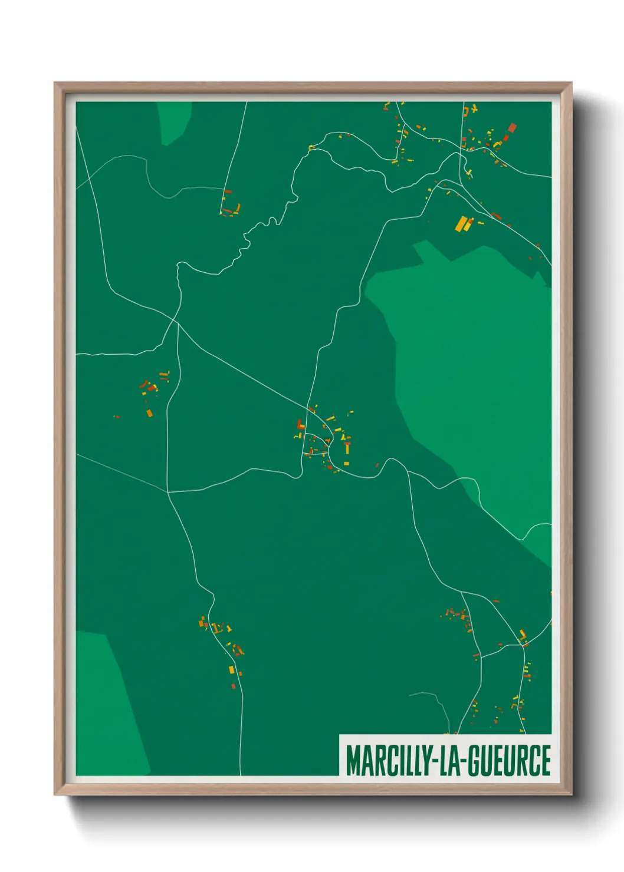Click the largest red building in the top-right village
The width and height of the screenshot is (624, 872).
[512, 128]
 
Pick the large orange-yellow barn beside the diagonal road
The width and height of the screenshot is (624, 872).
[461, 224]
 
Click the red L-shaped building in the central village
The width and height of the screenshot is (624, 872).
[300, 424]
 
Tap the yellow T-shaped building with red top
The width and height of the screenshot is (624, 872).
[347, 447]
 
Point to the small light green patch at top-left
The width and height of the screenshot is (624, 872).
[174, 121]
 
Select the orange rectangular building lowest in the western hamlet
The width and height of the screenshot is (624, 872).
[149, 413]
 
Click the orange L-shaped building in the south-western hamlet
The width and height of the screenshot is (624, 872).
[202, 621]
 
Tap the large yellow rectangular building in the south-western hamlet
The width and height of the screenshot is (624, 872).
[231, 669]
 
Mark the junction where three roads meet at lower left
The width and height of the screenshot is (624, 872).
[168, 491]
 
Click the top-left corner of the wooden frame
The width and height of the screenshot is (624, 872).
[55, 83]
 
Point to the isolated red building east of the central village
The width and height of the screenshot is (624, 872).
[377, 465]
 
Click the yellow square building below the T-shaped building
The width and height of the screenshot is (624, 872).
[346, 464]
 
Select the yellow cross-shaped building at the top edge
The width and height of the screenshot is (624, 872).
[474, 109]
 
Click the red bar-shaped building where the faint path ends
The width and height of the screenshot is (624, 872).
[228, 191]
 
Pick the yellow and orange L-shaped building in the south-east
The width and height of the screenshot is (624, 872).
[522, 635]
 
